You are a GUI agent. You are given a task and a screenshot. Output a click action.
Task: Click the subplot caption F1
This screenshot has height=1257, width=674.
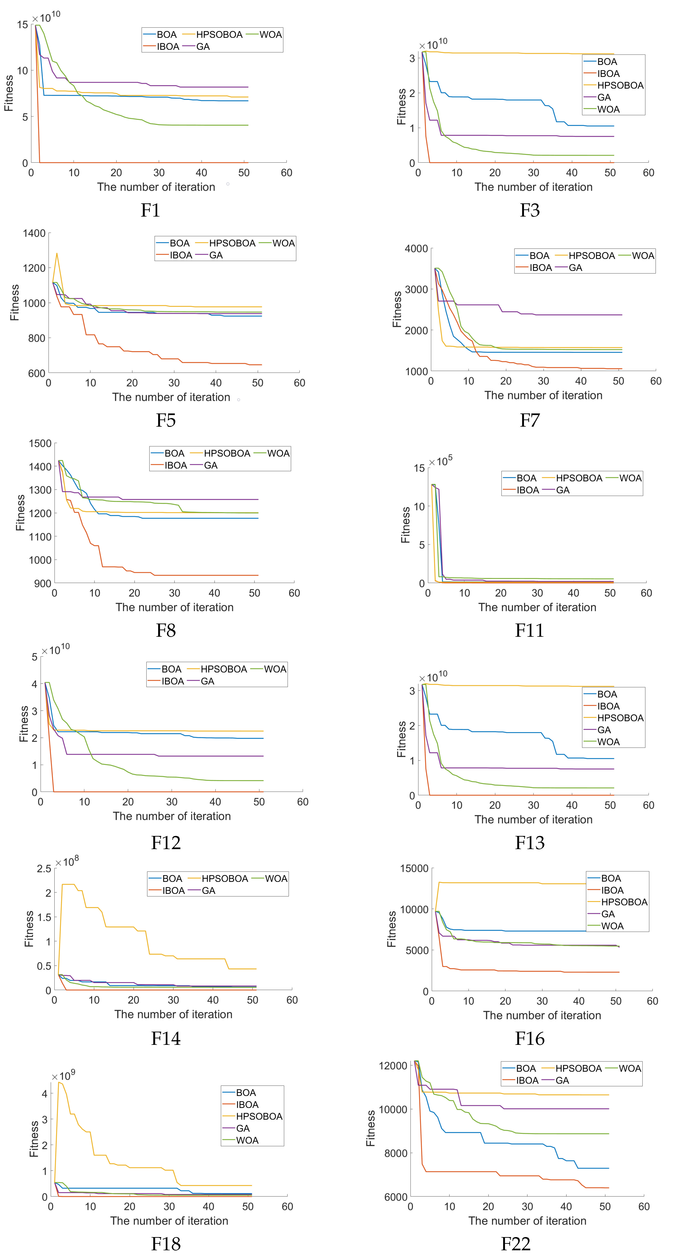click(150, 210)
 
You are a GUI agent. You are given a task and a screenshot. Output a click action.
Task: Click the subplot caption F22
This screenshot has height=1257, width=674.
click(515, 1243)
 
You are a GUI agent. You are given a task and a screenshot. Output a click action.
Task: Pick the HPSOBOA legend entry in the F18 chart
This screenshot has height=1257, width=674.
click(258, 1116)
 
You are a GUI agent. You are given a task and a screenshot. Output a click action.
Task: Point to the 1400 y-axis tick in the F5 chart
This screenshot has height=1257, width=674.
click(34, 233)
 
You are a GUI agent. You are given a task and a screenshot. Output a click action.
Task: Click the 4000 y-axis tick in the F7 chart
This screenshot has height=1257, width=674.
click(416, 249)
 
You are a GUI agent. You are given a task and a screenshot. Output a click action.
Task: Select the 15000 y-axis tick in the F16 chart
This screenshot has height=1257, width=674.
click(414, 869)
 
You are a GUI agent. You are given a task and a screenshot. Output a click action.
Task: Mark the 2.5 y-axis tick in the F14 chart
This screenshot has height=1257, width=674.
click(44, 869)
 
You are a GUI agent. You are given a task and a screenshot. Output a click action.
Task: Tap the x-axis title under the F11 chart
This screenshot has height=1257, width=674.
click(537, 608)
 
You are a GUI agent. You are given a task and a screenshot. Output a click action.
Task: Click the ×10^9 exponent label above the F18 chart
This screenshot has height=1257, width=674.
click(63, 1076)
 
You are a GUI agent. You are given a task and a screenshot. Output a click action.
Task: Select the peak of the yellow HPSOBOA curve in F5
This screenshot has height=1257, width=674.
click(57, 253)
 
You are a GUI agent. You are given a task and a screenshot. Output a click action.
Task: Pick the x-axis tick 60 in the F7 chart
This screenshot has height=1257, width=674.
click(655, 381)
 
